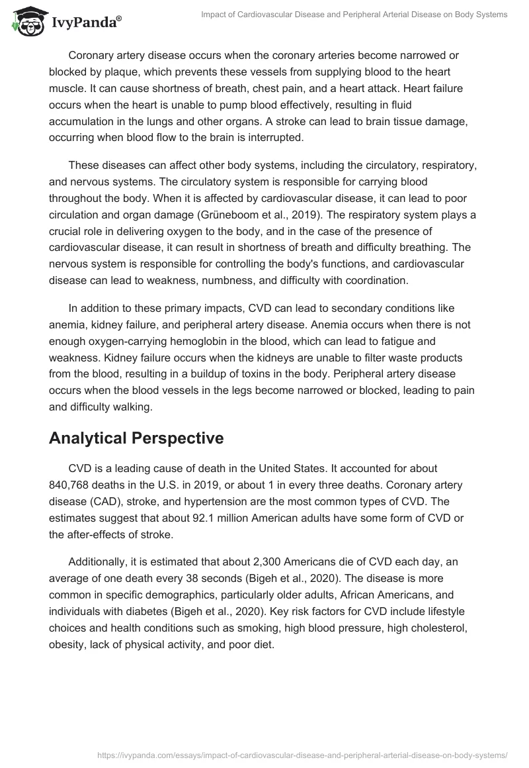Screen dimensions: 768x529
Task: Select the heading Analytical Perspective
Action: pyautogui.click(x=136, y=438)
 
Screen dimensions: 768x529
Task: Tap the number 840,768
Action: pyautogui.click(x=71, y=484)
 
